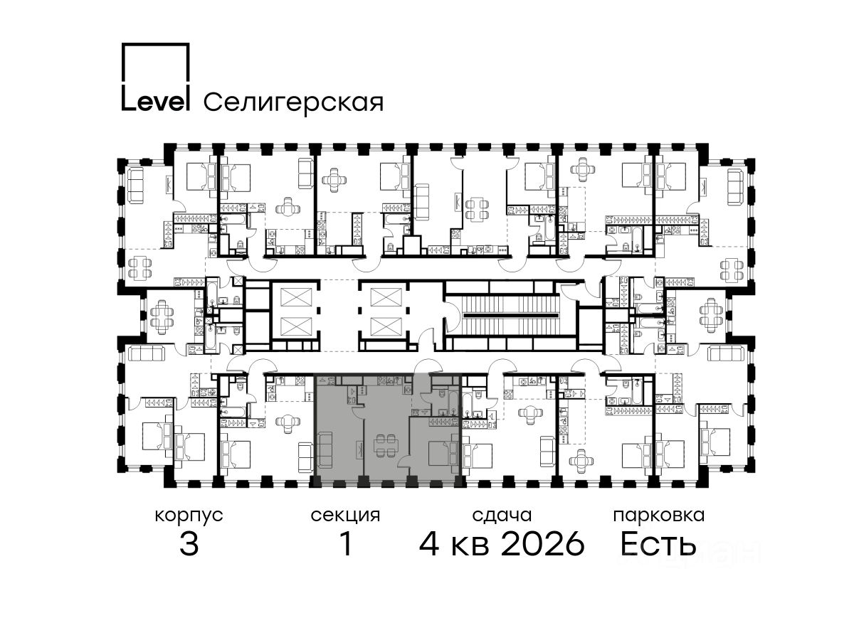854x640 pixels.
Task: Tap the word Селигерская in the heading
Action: click(293, 102)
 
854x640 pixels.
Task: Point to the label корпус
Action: click(189, 516)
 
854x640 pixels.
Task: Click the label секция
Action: click(345, 516)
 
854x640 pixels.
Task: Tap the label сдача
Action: click(502, 516)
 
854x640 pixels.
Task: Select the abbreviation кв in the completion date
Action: click(470, 546)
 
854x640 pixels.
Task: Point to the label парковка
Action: click(659, 516)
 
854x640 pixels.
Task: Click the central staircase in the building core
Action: click(509, 315)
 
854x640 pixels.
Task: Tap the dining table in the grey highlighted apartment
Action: click(386, 445)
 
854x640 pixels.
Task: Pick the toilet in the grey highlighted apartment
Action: click(443, 394)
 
